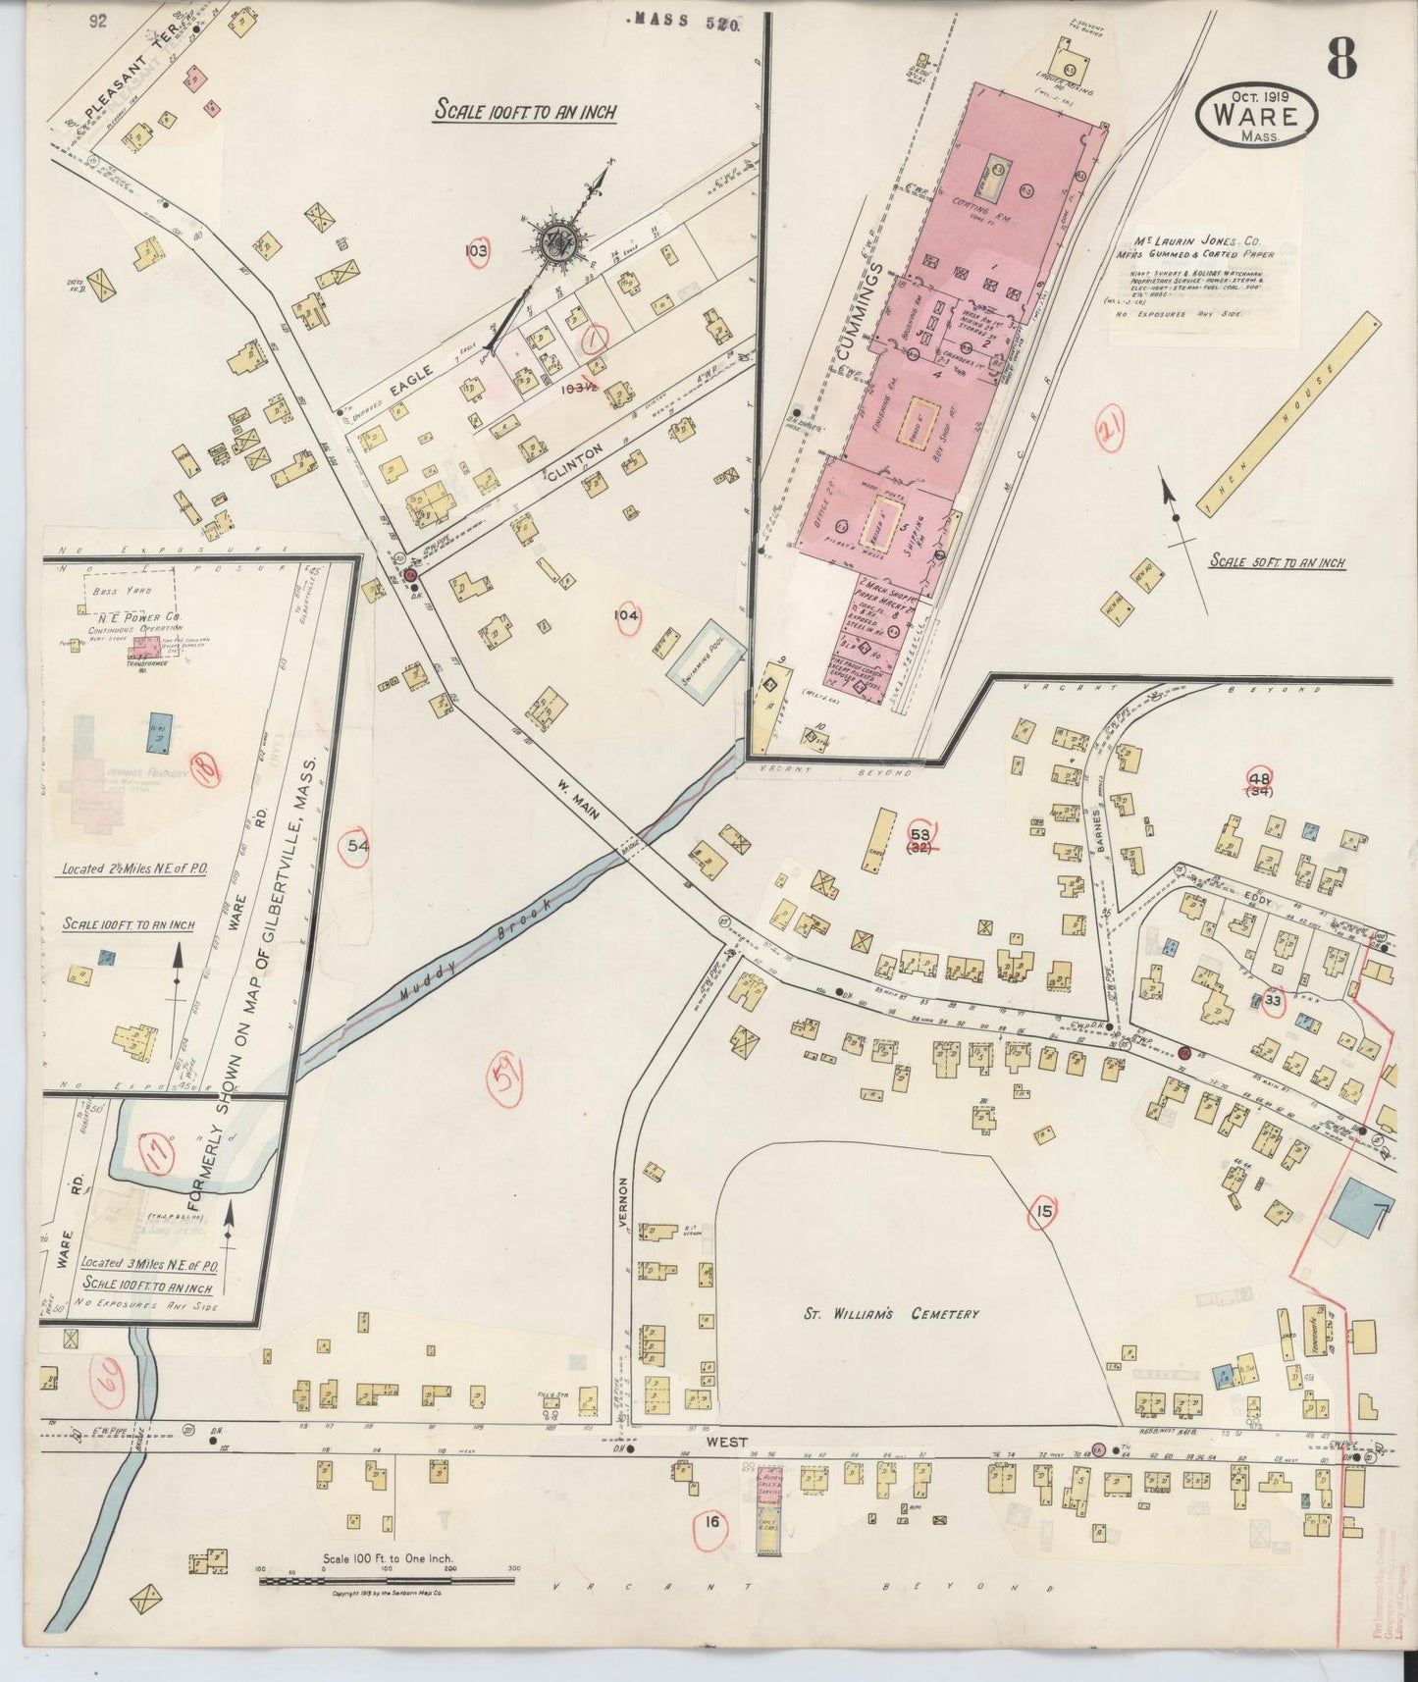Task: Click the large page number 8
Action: [1342, 60]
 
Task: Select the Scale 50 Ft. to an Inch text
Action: [1276, 562]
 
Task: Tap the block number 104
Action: [626, 615]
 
